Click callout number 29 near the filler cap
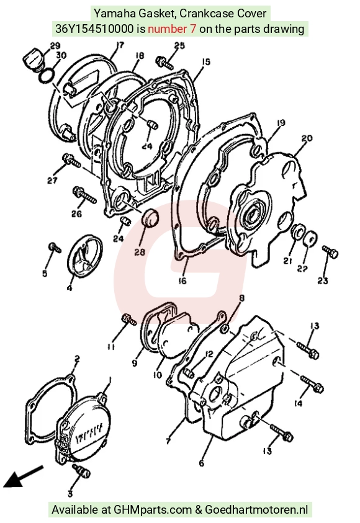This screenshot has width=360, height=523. [55, 45]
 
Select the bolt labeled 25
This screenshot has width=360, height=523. [164, 63]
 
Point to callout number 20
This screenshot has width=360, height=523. [307, 138]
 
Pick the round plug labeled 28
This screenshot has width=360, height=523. [150, 218]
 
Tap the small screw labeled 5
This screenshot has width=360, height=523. [55, 247]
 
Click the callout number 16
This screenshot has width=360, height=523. [182, 281]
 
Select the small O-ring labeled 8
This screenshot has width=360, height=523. [225, 329]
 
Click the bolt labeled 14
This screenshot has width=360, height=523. [312, 384]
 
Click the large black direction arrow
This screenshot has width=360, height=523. [24, 476]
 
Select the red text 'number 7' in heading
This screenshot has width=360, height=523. [172, 29]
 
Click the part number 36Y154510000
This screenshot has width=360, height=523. [94, 29]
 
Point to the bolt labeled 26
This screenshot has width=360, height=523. [84, 195]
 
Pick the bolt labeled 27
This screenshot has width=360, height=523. [71, 161]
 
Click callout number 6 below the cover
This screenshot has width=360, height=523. [201, 463]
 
